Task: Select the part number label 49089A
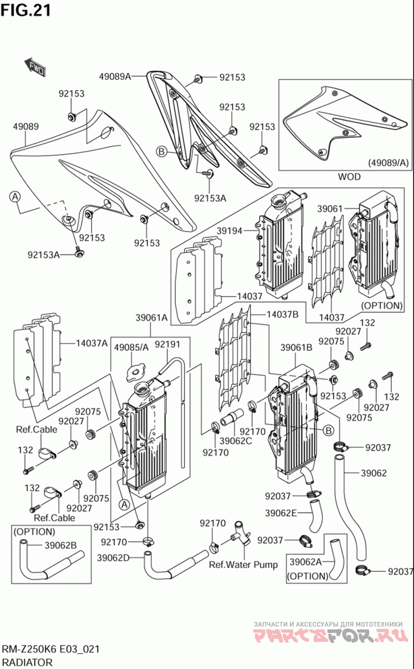click(x=115, y=77)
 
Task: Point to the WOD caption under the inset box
click(x=349, y=177)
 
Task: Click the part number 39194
click(x=229, y=231)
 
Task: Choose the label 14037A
click(x=92, y=343)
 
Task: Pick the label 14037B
click(x=283, y=314)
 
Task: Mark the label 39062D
click(x=113, y=557)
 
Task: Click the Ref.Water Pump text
click(x=243, y=564)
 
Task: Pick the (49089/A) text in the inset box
click(x=388, y=163)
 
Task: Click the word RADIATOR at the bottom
click(x=27, y=662)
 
